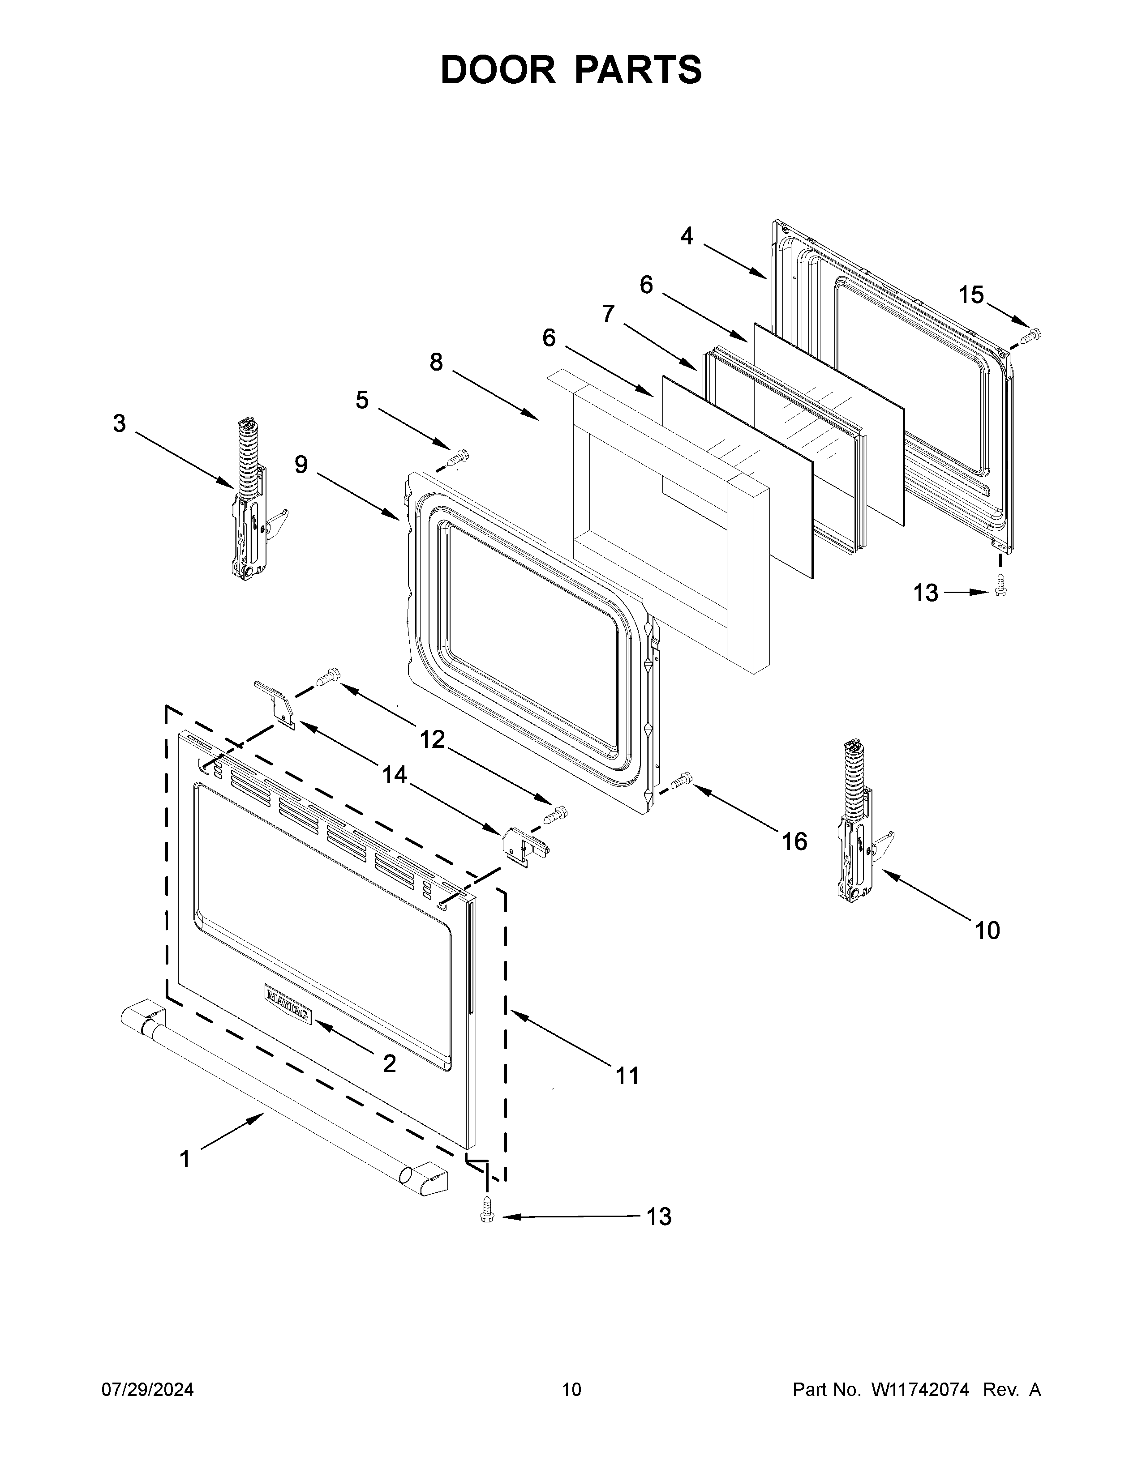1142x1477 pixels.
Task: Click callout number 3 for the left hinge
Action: tap(119, 424)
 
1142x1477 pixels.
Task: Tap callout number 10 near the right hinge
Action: tap(987, 931)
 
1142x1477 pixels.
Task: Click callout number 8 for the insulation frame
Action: tap(436, 363)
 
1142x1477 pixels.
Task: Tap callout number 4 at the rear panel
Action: tap(687, 236)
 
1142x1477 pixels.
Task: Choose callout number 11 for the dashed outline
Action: tap(627, 1075)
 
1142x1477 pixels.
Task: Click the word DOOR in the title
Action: tap(497, 70)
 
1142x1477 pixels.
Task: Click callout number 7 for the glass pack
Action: tap(608, 314)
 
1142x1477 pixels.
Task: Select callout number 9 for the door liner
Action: tap(301, 465)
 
